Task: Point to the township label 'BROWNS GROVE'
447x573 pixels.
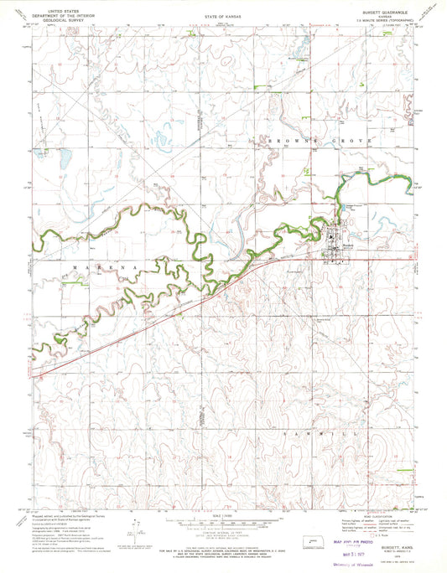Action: pos(318,143)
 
